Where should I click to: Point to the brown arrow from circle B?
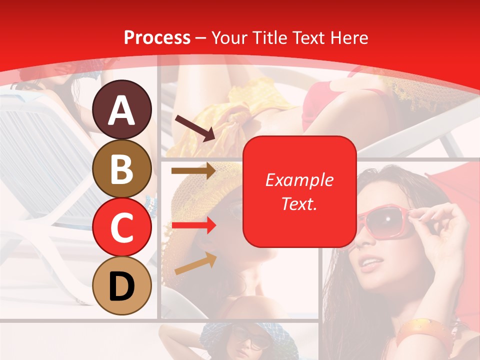point(193,170)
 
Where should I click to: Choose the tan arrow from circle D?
point(195,263)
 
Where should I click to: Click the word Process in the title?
point(157,37)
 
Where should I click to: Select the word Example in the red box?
point(299,180)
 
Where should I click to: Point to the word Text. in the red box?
point(299,203)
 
